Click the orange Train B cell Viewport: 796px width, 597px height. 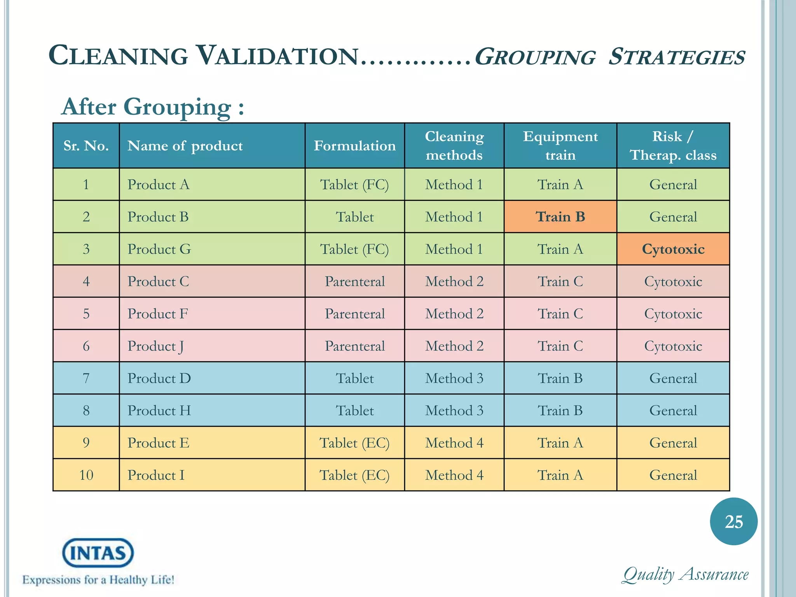point(560,216)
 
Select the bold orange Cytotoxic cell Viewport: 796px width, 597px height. point(673,249)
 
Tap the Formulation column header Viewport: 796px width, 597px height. point(354,146)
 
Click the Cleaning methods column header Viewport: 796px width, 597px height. point(454,146)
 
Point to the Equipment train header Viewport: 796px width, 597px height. point(560,146)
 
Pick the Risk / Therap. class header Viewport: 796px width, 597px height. point(673,146)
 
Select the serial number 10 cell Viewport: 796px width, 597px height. point(86,475)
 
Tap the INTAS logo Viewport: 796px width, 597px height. point(98,553)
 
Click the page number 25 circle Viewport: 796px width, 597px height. point(733,522)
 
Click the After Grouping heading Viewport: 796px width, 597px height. point(153,107)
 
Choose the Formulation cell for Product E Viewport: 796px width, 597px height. point(354,443)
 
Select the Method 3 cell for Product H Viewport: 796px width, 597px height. point(454,410)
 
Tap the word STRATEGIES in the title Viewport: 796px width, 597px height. point(676,57)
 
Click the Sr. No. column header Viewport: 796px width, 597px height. point(86,146)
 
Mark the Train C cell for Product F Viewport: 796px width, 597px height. point(560,314)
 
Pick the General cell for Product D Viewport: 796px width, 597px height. point(673,378)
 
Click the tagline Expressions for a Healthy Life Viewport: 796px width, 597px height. point(98,580)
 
